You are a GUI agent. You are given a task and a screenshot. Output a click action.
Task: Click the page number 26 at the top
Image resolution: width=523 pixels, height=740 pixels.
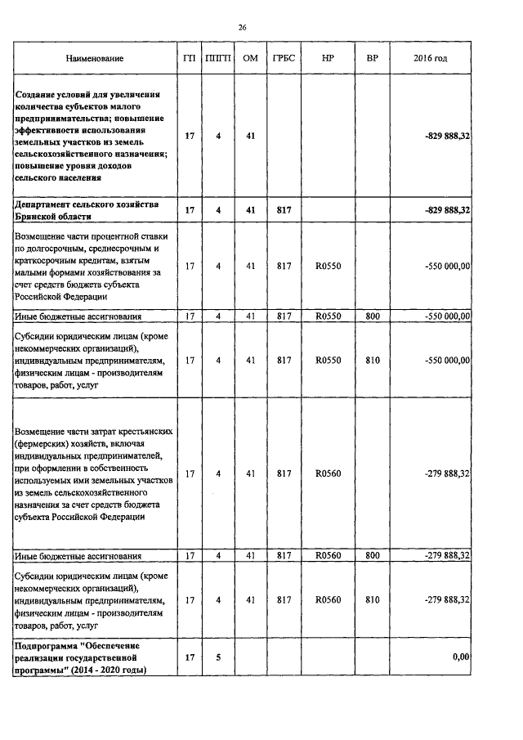pyautogui.click(x=242, y=28)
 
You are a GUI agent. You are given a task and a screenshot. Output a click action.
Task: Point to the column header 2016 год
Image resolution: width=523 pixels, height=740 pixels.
pyautogui.click(x=431, y=59)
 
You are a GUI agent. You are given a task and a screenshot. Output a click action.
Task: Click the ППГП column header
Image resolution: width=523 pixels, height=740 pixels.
pyautogui.click(x=218, y=59)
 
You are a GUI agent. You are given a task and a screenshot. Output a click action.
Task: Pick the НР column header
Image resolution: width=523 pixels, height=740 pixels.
pyautogui.click(x=328, y=59)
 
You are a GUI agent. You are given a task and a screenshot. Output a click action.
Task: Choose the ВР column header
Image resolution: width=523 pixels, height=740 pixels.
pyautogui.click(x=373, y=59)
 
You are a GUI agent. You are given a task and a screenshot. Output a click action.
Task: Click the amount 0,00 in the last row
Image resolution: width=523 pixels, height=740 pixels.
pyautogui.click(x=461, y=657)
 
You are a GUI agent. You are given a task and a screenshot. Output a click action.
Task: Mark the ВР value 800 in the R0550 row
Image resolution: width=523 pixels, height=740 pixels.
pyautogui.click(x=373, y=316)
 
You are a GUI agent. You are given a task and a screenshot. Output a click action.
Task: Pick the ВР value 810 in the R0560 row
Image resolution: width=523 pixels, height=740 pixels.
pyautogui.click(x=373, y=599)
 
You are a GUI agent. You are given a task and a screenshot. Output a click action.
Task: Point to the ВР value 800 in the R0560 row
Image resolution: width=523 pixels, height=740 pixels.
pyautogui.click(x=373, y=556)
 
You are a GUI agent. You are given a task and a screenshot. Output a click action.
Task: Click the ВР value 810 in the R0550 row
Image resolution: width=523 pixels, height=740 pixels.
pyautogui.click(x=373, y=359)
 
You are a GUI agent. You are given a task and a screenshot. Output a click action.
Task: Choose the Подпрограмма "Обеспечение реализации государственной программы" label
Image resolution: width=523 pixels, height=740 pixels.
pyautogui.click(x=80, y=657)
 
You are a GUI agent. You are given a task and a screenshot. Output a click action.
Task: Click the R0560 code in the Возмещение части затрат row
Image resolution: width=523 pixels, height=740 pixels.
pyautogui.click(x=328, y=473)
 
